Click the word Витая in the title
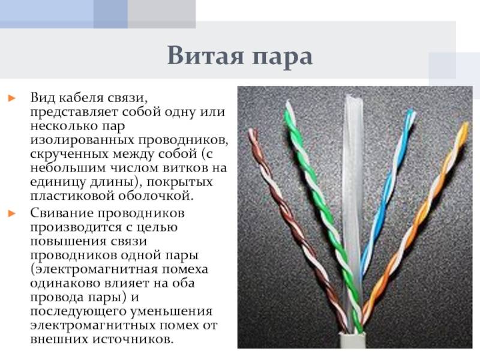point(205,55)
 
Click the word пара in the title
point(282,58)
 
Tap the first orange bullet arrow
point(12,98)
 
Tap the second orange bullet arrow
point(12,213)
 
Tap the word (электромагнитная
point(94,269)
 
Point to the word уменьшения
point(172,311)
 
